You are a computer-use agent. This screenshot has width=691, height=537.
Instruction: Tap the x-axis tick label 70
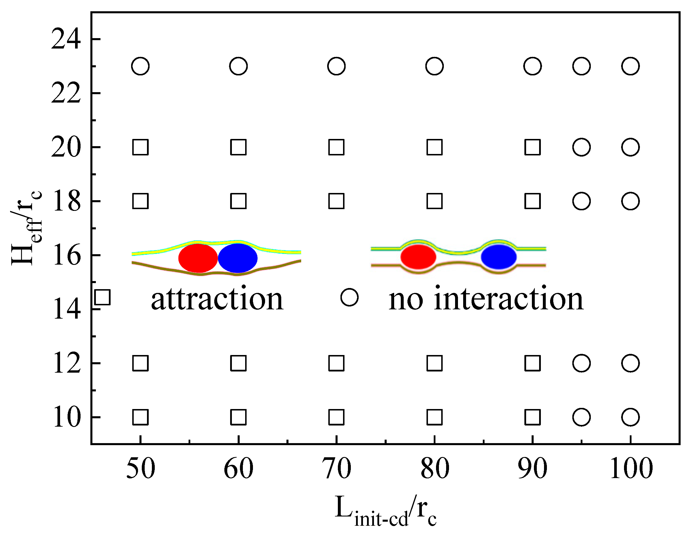coord(336,468)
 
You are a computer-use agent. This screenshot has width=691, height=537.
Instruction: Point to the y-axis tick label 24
coord(66,39)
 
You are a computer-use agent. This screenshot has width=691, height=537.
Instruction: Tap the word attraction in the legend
coord(217,299)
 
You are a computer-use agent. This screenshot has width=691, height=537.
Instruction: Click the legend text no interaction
coord(486,299)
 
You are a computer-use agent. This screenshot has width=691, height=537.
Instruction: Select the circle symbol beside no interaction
coord(349,297)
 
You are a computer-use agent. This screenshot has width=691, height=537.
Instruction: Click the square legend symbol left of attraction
coord(102,297)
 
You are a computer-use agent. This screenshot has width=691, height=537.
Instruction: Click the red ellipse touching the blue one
coord(198,258)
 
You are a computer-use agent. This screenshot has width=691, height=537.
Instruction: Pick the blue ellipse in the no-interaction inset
coord(499,257)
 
